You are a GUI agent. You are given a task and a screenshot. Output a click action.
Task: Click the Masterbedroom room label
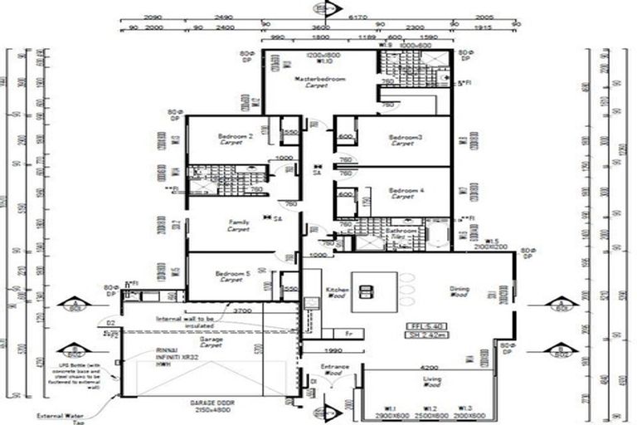click(318, 80)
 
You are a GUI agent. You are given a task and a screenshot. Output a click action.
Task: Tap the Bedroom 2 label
click(236, 135)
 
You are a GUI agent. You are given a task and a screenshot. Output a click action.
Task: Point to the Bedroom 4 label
click(404, 191)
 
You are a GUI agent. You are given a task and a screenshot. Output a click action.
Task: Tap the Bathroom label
click(401, 230)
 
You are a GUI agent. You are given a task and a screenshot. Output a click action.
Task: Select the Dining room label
click(460, 290)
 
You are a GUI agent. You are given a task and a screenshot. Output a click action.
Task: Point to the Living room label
click(432, 381)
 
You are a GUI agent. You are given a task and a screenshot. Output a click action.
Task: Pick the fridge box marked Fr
click(349, 334)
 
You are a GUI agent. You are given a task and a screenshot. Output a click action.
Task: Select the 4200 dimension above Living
click(429, 366)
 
